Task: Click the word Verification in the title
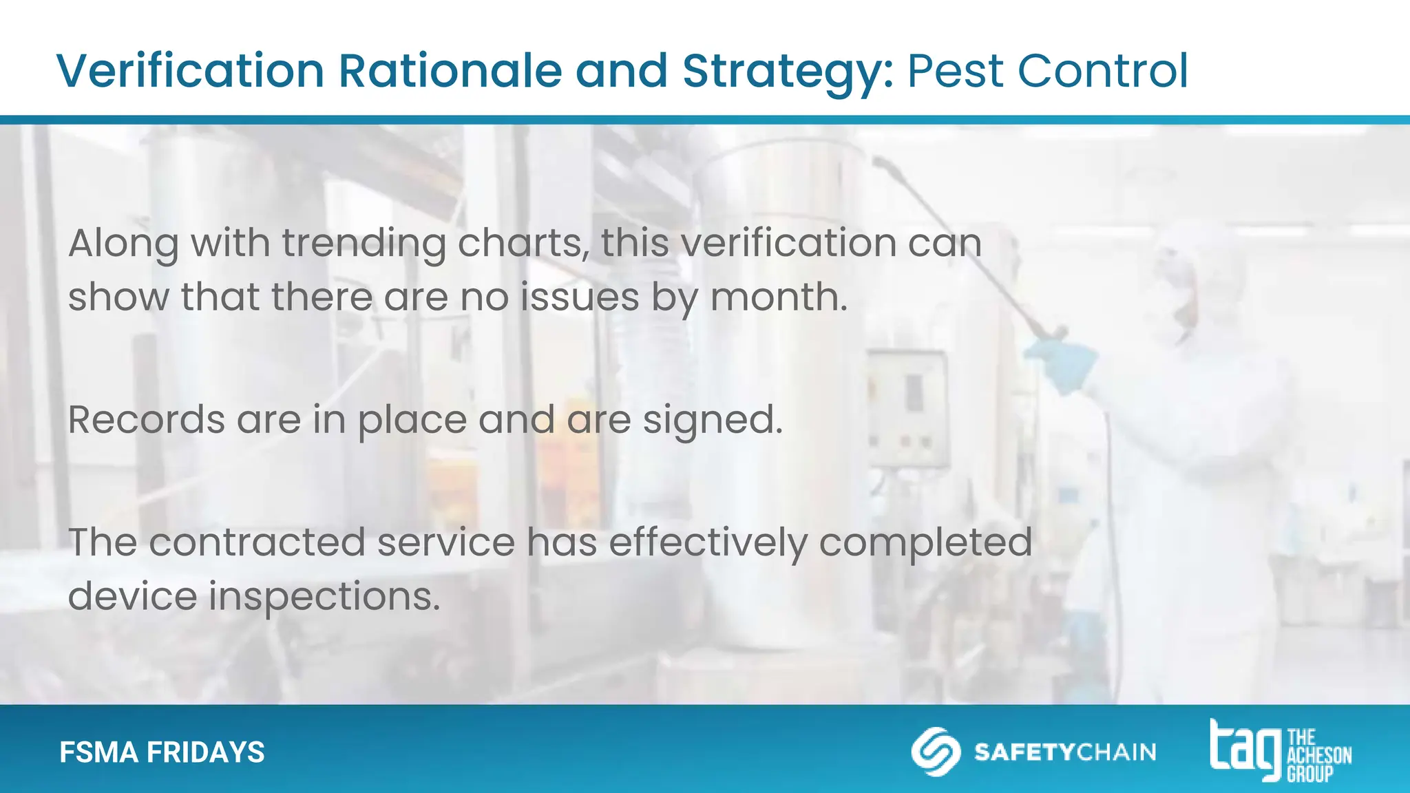click(x=190, y=71)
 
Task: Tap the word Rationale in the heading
click(x=450, y=71)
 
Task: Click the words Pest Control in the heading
click(x=1047, y=71)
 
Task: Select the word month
click(x=777, y=297)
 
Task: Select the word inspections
click(x=324, y=597)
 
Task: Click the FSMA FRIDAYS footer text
click(x=162, y=752)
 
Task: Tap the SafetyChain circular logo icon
click(x=935, y=751)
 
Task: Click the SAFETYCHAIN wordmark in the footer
click(x=1064, y=752)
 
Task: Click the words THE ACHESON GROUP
click(x=1318, y=755)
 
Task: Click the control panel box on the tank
click(x=907, y=406)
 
